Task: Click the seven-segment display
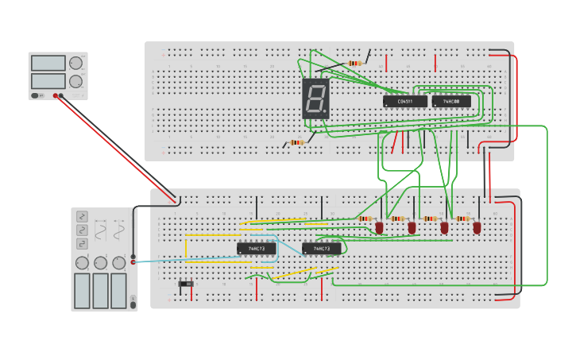click(x=315, y=99)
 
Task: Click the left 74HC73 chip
click(x=257, y=249)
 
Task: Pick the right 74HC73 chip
click(x=322, y=249)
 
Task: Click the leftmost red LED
click(x=379, y=227)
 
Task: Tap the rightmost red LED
click(x=477, y=227)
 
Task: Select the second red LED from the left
click(x=412, y=227)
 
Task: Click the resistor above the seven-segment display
click(x=355, y=63)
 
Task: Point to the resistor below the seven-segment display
click(x=297, y=143)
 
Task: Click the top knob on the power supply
click(x=75, y=63)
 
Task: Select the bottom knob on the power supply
click(x=75, y=81)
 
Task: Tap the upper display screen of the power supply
click(x=48, y=63)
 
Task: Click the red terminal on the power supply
click(x=56, y=96)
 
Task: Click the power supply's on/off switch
click(x=36, y=95)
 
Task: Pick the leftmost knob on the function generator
click(x=82, y=263)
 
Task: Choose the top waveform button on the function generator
click(x=82, y=216)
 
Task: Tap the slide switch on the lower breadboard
click(x=186, y=283)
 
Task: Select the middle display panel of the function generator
click(x=100, y=291)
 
